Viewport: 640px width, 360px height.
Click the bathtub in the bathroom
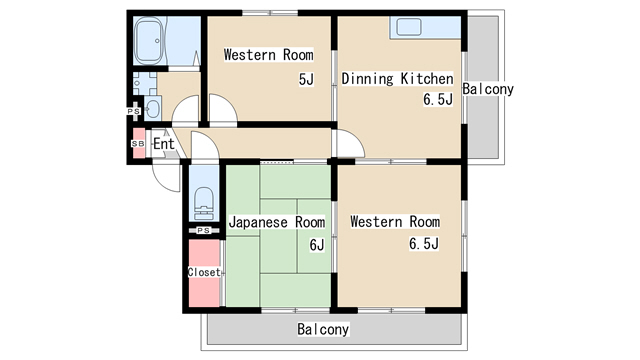[x=149, y=40]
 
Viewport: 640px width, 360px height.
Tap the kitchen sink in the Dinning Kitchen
[x=409, y=27]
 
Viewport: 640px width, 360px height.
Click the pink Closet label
[x=204, y=272]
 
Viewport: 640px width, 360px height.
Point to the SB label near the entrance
[x=138, y=144]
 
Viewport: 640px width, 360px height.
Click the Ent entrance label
[x=164, y=144]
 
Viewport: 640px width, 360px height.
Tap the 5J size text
[x=306, y=79]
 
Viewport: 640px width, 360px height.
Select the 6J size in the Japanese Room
[x=317, y=245]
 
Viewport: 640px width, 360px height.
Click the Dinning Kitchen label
[x=397, y=78]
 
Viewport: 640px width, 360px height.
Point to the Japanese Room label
[x=277, y=222]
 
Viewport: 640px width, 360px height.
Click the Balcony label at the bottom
[x=323, y=329]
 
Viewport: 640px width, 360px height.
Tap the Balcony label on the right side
[x=488, y=89]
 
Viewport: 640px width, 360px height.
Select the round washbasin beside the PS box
[x=153, y=109]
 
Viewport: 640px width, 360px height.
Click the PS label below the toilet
[x=204, y=231]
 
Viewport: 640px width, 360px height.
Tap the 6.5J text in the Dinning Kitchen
[x=438, y=99]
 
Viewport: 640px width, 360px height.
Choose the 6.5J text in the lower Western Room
[x=424, y=244]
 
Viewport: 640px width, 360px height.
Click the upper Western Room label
[x=269, y=55]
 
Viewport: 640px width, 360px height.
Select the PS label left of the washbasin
[x=133, y=111]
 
